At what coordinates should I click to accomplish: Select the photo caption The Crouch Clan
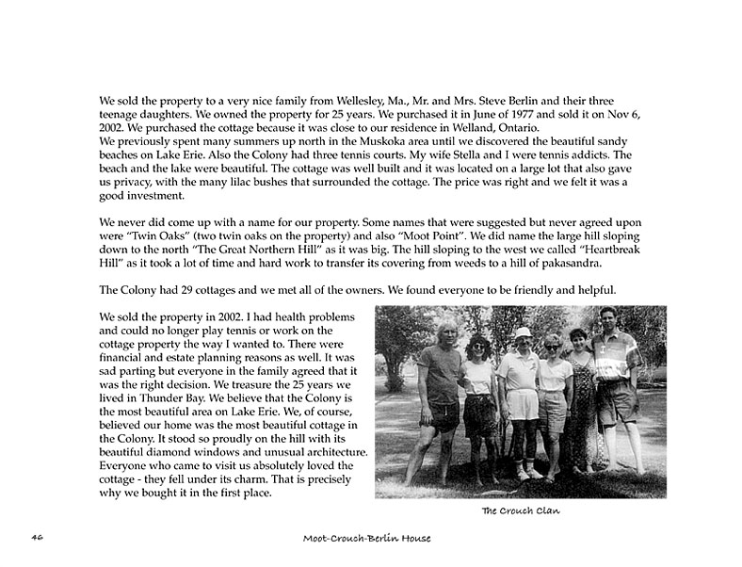(x=520, y=510)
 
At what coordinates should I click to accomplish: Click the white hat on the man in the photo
(x=523, y=332)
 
